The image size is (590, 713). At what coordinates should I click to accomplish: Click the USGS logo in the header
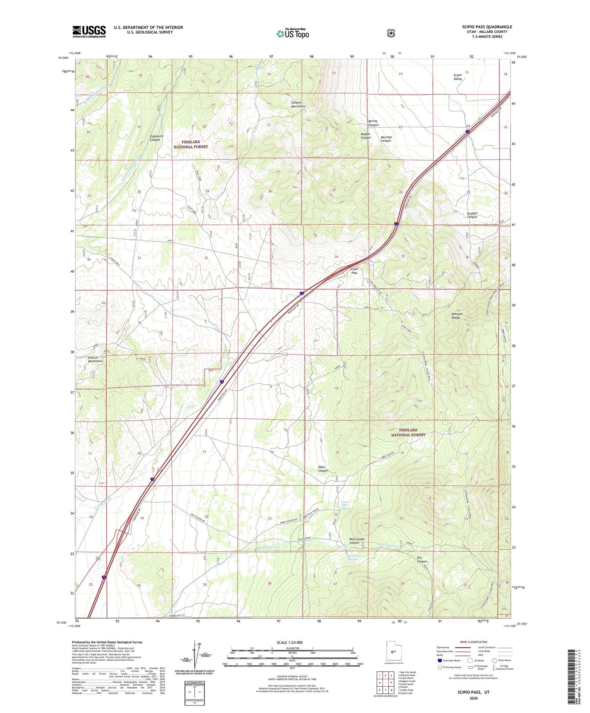(89, 31)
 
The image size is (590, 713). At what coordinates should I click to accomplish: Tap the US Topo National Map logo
(293, 33)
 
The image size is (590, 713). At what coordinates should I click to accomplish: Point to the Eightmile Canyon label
(157, 138)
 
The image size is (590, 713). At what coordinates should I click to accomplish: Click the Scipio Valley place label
(457, 77)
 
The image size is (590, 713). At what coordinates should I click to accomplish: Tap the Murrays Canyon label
(385, 139)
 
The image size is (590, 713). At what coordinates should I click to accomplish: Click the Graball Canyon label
(472, 215)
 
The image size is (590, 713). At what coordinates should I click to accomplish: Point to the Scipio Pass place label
(354, 271)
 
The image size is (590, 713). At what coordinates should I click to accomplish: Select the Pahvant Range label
(459, 316)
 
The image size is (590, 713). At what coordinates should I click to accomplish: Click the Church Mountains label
(95, 359)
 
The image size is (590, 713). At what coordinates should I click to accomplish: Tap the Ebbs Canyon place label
(323, 469)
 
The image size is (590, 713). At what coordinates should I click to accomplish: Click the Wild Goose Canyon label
(357, 541)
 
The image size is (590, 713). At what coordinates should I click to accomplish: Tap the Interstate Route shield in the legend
(439, 660)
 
